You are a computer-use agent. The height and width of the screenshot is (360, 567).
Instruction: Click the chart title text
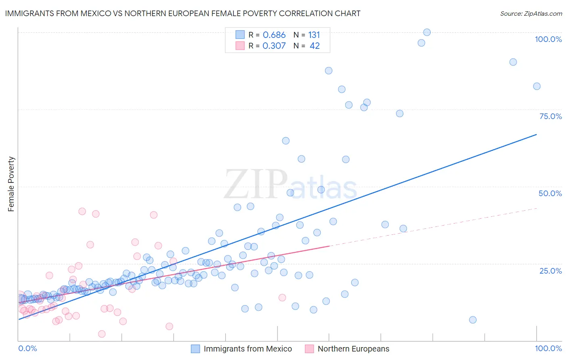click(x=183, y=13)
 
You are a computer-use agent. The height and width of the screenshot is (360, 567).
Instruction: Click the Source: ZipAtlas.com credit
click(x=531, y=13)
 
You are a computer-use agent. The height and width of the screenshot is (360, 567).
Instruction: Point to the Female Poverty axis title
click(x=11, y=184)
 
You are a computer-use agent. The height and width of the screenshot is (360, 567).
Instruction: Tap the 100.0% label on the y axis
click(x=548, y=39)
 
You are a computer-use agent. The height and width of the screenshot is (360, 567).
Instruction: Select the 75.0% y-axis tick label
click(x=550, y=116)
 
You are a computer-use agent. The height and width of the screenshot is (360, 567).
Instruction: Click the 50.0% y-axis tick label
click(x=550, y=193)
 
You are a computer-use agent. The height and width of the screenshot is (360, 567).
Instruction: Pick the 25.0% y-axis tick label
click(x=550, y=270)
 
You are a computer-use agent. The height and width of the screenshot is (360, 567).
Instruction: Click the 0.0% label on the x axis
click(x=27, y=348)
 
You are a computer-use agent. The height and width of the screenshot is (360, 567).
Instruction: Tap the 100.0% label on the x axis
click(x=548, y=348)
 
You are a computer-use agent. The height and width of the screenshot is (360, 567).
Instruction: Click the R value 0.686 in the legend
click(x=274, y=35)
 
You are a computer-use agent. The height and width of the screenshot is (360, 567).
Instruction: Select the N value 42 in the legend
click(x=315, y=46)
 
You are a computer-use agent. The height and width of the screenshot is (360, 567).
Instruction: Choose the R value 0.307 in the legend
click(x=274, y=46)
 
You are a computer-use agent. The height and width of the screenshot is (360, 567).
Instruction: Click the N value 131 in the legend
click(x=314, y=35)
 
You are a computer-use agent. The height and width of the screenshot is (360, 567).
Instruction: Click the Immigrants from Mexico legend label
click(x=248, y=349)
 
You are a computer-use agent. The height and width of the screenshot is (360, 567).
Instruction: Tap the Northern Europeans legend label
click(x=353, y=349)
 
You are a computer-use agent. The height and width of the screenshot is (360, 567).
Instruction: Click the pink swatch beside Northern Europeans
click(x=309, y=349)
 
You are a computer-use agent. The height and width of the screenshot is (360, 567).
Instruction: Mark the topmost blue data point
click(x=427, y=32)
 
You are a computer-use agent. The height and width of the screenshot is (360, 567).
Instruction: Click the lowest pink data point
click(x=102, y=334)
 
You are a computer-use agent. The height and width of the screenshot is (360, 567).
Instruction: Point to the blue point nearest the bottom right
click(x=473, y=320)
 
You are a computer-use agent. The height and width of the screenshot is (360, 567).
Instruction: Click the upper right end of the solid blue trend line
click(x=536, y=134)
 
